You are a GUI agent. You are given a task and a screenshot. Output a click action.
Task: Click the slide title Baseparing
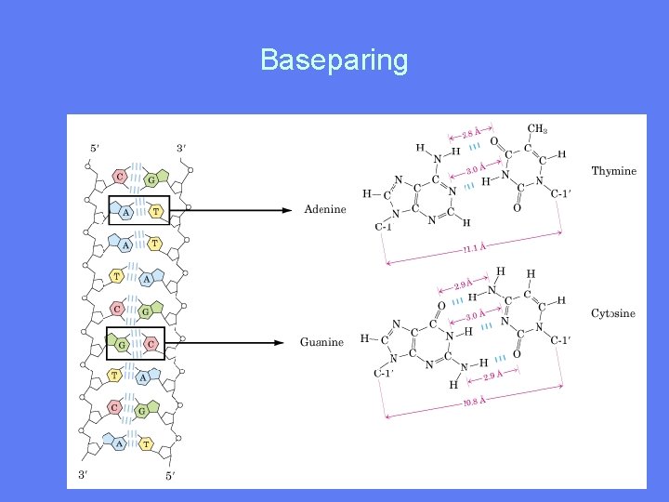click(334, 60)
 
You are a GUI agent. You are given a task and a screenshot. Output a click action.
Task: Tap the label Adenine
click(324, 209)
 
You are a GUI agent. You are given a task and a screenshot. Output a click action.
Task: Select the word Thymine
click(613, 171)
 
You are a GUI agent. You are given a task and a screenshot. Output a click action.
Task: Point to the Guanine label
click(321, 342)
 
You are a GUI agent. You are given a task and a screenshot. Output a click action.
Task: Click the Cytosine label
click(613, 313)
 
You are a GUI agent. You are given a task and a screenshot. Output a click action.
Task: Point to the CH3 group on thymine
click(537, 128)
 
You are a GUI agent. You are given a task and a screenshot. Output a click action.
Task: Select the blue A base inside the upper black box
click(125, 211)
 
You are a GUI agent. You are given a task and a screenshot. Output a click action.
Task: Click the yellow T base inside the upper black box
click(154, 211)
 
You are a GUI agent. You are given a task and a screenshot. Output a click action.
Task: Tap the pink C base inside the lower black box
click(151, 343)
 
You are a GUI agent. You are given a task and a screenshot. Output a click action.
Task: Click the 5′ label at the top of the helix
click(95, 147)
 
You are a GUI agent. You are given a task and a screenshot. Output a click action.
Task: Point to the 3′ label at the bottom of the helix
click(84, 474)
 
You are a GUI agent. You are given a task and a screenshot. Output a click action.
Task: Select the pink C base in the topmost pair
click(120, 176)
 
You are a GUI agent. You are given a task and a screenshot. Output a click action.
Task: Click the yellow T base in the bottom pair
click(146, 444)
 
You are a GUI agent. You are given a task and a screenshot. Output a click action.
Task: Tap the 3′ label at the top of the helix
click(182, 147)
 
